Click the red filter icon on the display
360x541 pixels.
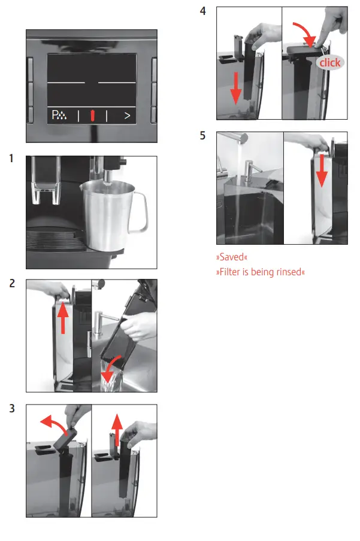pyautogui.click(x=93, y=116)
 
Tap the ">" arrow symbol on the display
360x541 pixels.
pyautogui.click(x=127, y=116)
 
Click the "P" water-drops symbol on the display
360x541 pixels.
pyautogui.click(x=59, y=115)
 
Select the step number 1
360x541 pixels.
pyautogui.click(x=11, y=159)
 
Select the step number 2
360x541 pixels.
pyautogui.click(x=12, y=283)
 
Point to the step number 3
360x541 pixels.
pyautogui.click(x=12, y=409)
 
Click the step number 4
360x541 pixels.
pyautogui.click(x=203, y=11)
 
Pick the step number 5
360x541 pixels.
pyautogui.click(x=203, y=136)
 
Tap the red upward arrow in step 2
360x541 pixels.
pyautogui.click(x=63, y=318)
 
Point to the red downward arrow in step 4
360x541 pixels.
pyautogui.click(x=236, y=89)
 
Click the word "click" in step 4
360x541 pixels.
pyautogui.click(x=330, y=63)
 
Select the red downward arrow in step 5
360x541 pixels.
pyautogui.click(x=322, y=171)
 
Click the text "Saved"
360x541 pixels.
pyautogui.click(x=232, y=257)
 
